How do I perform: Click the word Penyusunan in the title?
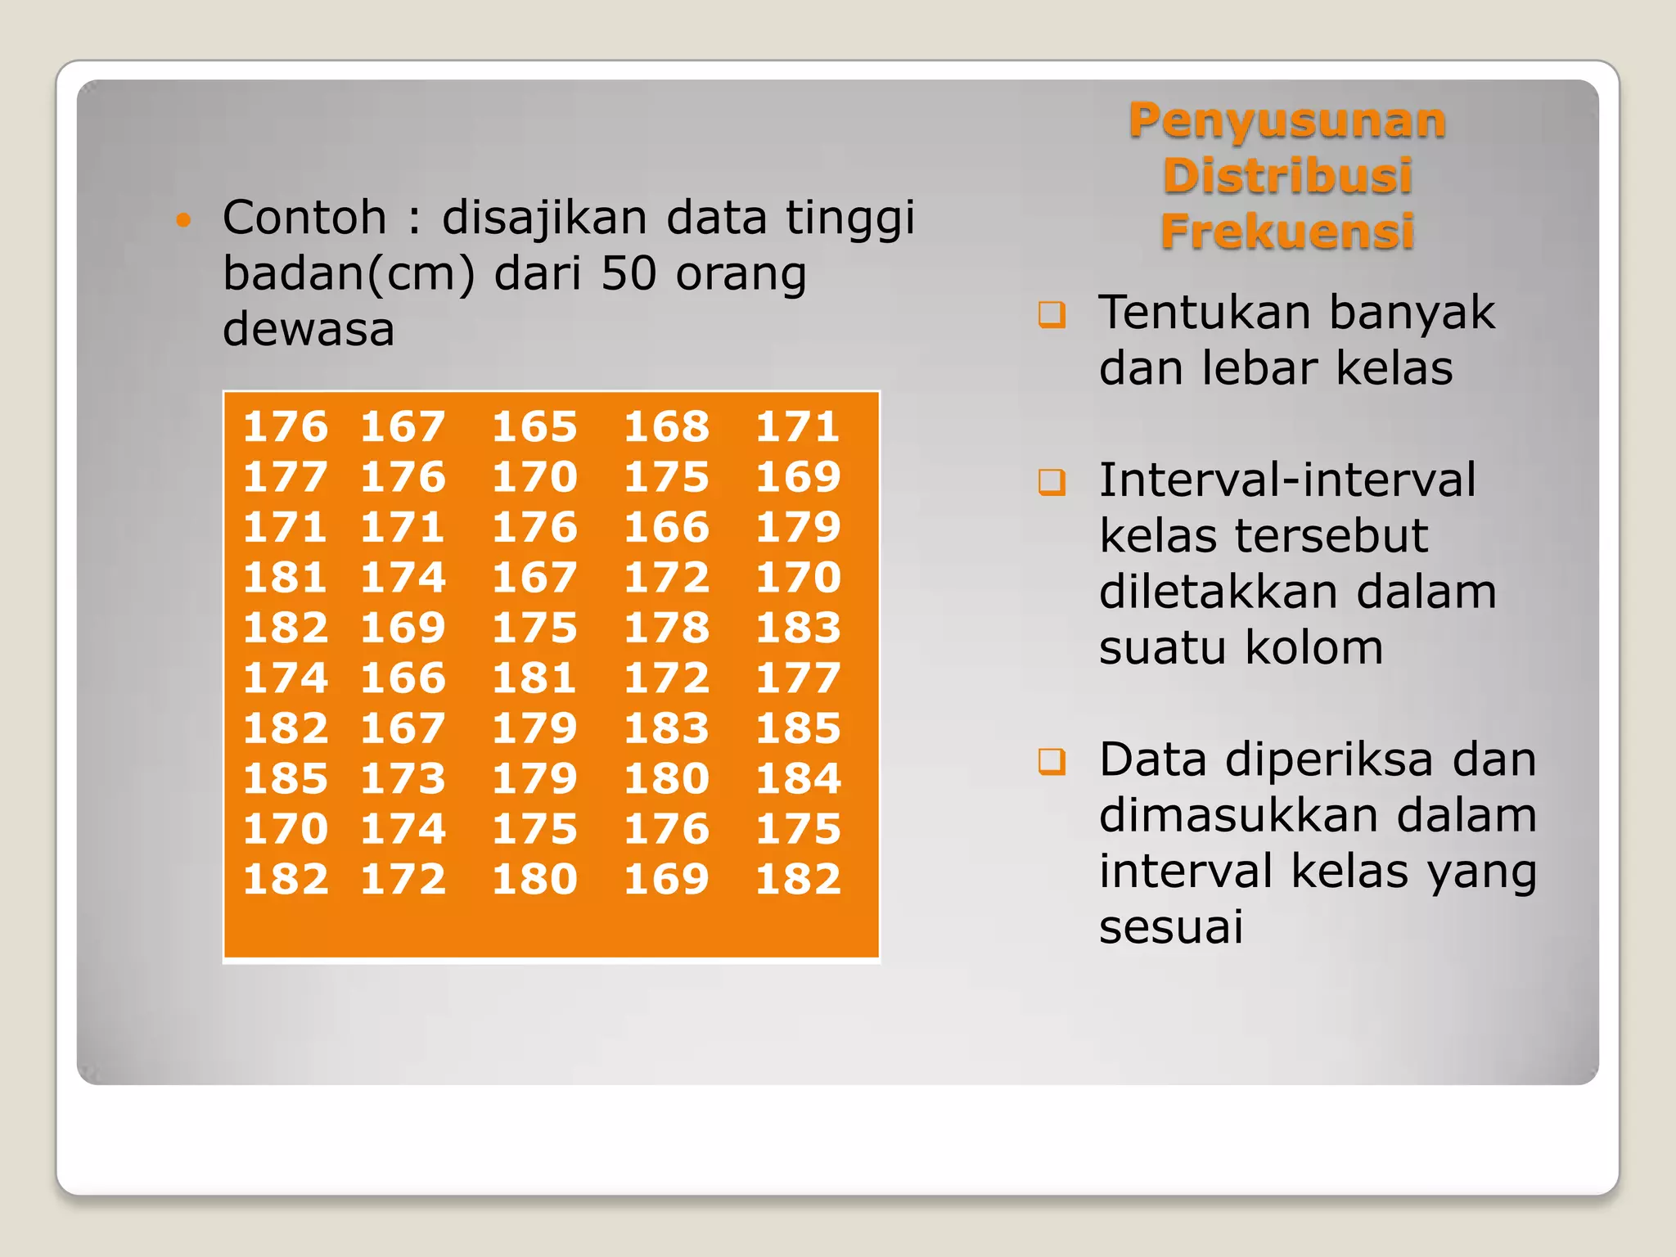point(1287,121)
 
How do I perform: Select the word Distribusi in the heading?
point(1287,176)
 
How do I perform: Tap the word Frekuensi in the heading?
point(1287,232)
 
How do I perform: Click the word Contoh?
point(304,218)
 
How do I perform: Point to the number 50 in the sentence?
point(628,273)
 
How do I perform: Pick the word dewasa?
point(309,329)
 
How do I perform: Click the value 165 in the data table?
point(534,427)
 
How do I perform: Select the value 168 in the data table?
point(666,427)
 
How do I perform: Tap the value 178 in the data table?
point(666,628)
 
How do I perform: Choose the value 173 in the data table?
point(403,779)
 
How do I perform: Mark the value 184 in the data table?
point(798,779)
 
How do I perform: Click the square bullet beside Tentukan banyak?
point(1052,314)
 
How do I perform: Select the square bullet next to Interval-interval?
point(1052,482)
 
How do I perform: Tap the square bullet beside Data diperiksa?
point(1052,762)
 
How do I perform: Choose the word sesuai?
point(1170,927)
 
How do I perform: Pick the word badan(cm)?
point(349,273)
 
